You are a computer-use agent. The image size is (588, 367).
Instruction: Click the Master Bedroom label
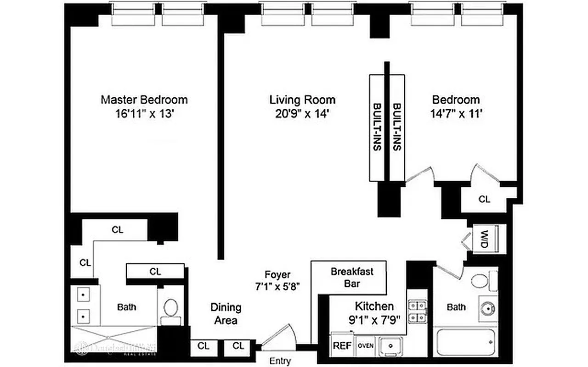coord(144,100)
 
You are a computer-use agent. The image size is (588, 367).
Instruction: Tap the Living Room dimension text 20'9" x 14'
coord(302,114)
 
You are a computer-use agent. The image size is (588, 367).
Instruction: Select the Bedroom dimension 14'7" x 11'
coord(456,114)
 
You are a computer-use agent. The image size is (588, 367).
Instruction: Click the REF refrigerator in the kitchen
coord(340,345)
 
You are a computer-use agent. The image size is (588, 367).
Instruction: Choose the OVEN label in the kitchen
coord(366,345)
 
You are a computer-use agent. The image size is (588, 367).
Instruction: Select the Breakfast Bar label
coord(352,277)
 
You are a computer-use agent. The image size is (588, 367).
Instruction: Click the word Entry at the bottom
coord(280,361)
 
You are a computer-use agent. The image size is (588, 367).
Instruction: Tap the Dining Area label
coord(226,314)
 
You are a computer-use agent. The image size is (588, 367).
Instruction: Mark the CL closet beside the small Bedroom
coord(484,199)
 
